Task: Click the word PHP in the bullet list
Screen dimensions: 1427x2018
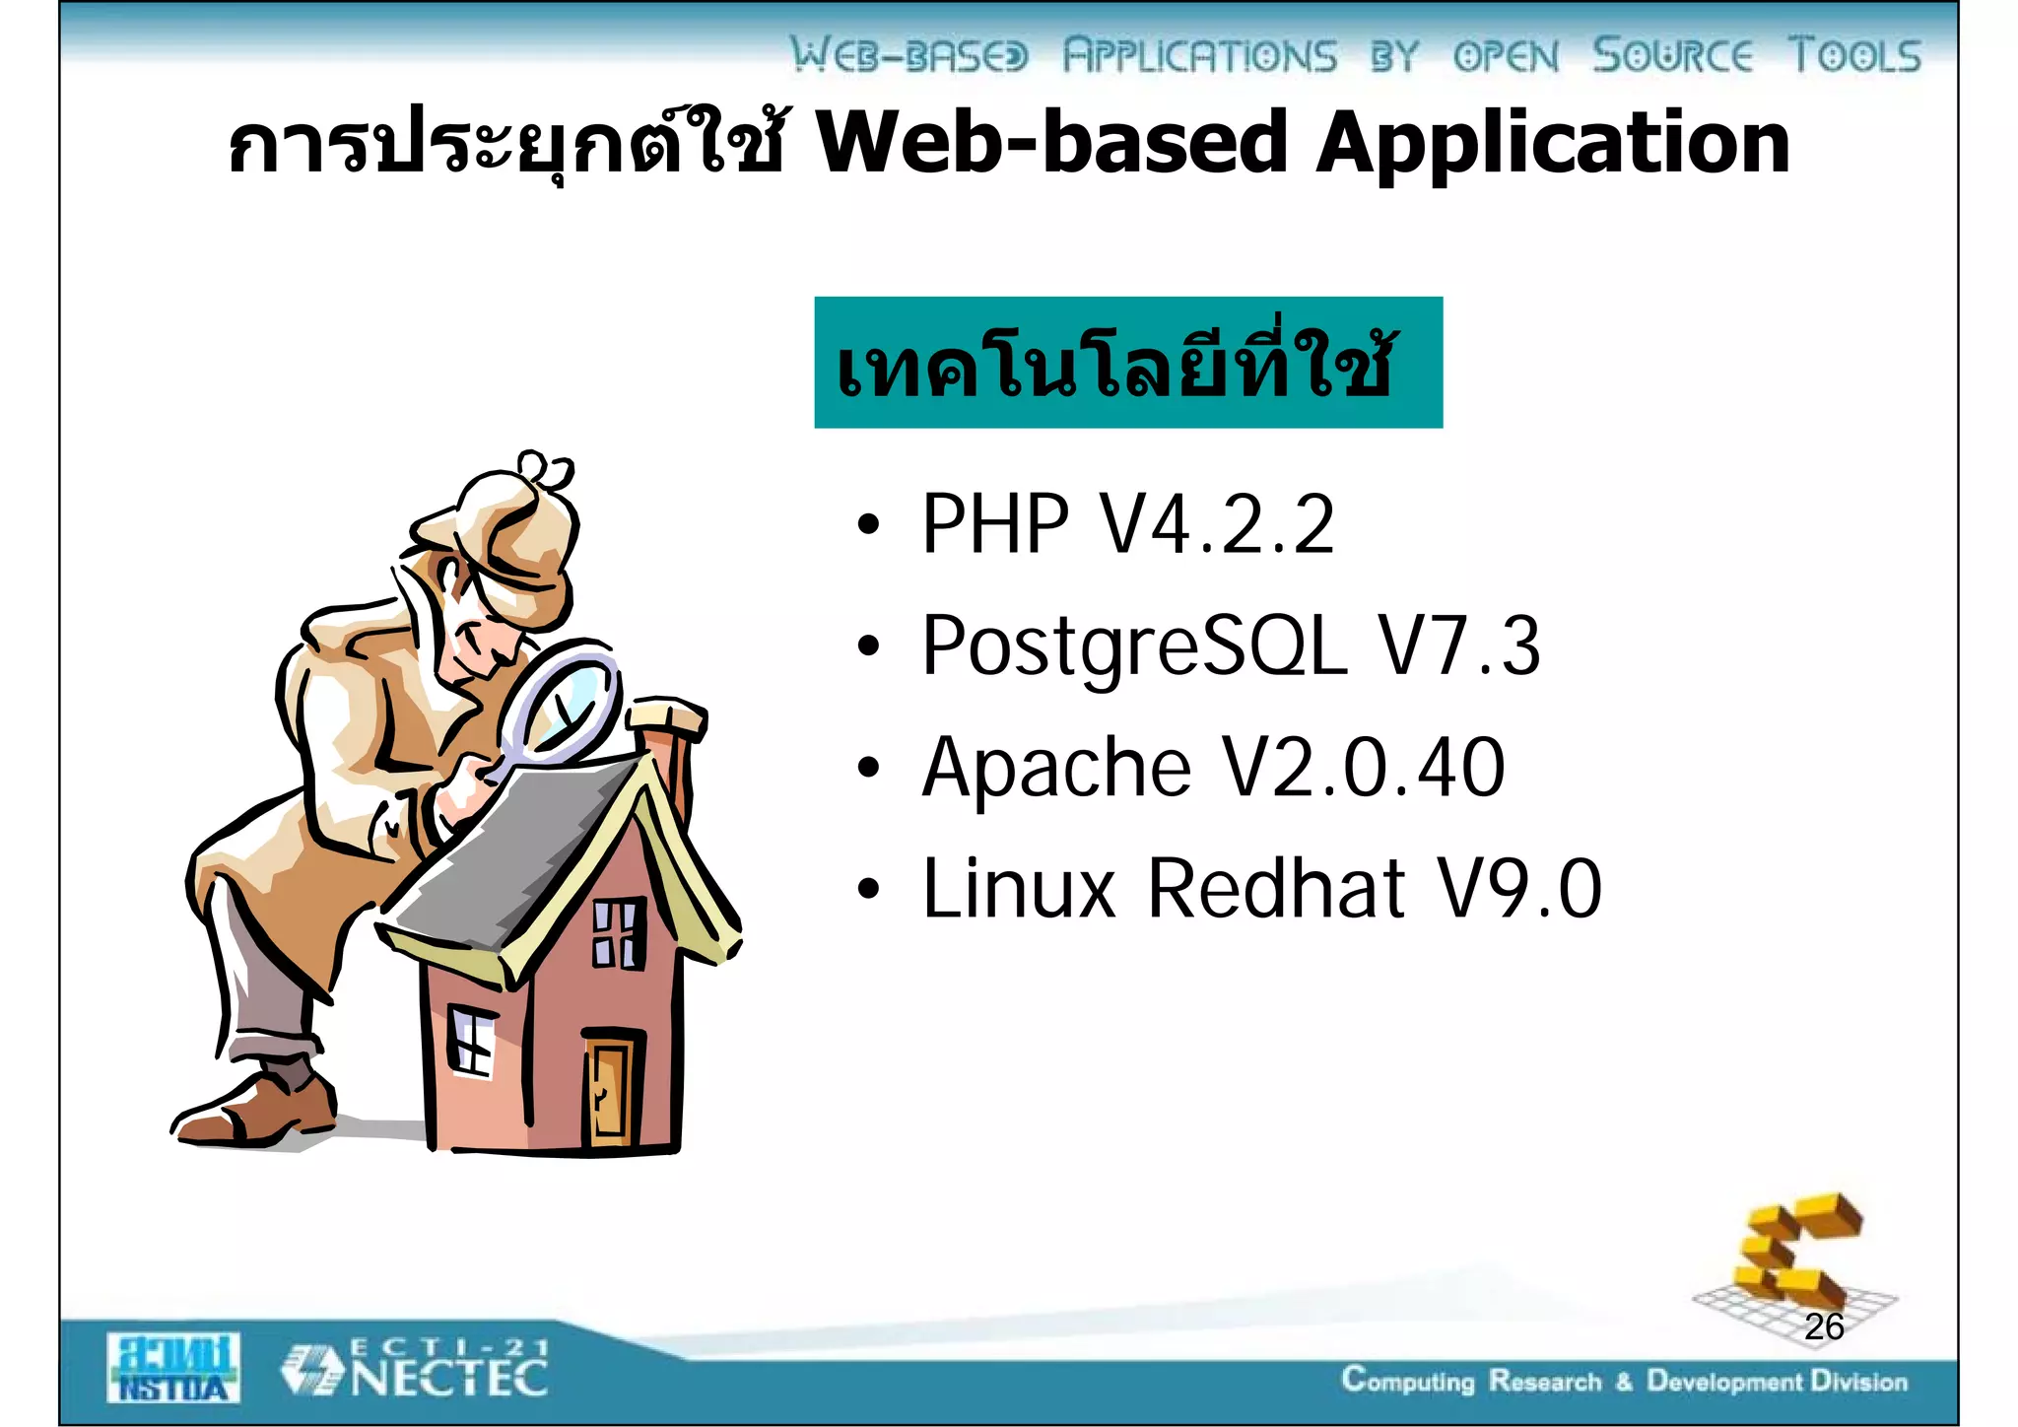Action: coord(994,524)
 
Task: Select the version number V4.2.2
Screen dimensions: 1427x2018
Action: coord(1217,524)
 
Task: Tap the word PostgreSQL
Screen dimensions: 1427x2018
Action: coord(1133,646)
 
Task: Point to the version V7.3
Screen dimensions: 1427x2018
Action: coord(1458,646)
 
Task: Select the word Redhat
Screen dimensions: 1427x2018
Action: coord(1276,889)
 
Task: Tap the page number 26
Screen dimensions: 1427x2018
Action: coord(1824,1327)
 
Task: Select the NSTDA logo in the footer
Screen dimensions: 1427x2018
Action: coord(172,1368)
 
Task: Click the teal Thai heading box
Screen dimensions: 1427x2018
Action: coord(1127,363)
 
